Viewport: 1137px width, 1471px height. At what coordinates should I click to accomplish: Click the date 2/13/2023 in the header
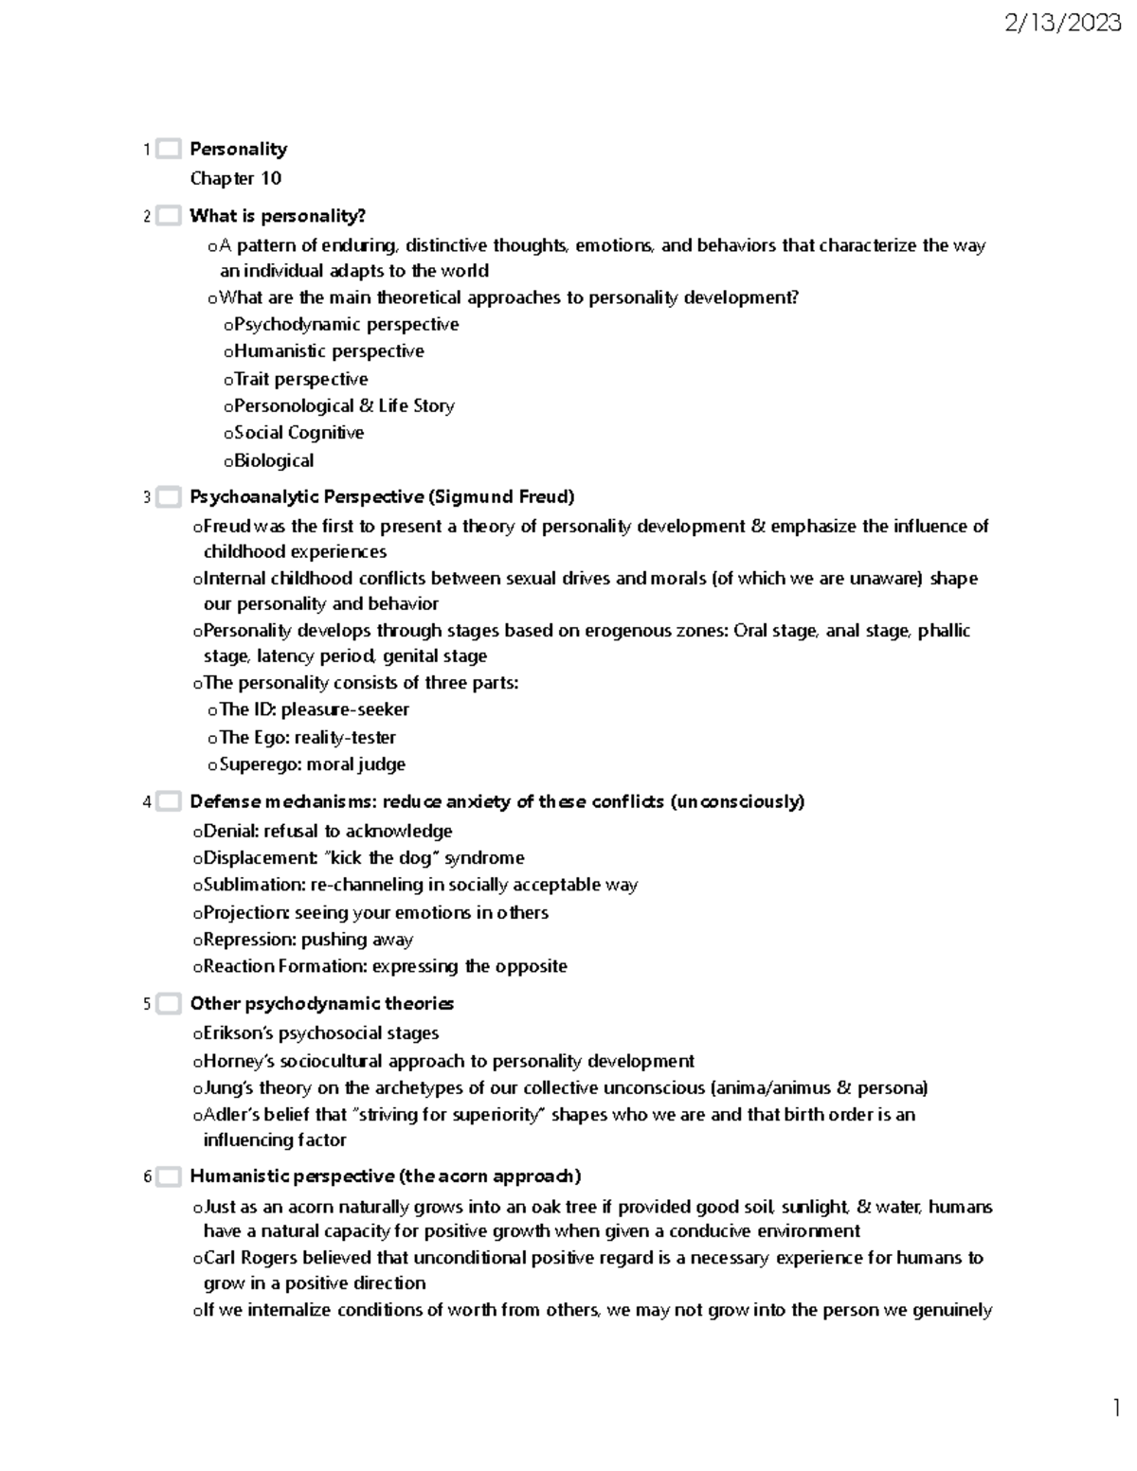[1063, 24]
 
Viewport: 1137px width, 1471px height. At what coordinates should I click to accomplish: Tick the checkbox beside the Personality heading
[169, 149]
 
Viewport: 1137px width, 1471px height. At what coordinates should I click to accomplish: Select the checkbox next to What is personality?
[169, 216]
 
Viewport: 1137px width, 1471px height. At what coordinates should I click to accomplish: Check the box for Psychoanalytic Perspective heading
[169, 497]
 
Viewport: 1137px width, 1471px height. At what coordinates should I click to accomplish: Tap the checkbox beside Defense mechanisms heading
[169, 801]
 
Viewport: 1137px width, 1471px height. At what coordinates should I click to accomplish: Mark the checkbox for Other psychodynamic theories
[169, 1004]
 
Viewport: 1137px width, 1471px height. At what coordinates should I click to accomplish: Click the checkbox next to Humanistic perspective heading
[169, 1176]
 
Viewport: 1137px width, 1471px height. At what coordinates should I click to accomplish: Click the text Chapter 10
[235, 178]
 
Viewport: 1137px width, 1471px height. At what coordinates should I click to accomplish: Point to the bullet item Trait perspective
[301, 379]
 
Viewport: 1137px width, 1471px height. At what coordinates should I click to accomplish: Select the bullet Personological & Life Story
[344, 405]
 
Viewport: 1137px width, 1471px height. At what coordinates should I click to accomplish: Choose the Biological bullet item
[274, 460]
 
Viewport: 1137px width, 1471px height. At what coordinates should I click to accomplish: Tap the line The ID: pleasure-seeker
[314, 709]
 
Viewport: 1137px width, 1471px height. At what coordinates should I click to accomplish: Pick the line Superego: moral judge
[312, 764]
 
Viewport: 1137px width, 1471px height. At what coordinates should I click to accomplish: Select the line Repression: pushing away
[308, 940]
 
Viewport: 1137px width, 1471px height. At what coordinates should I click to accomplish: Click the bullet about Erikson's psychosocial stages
[320, 1033]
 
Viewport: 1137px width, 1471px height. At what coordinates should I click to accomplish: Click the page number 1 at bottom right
[1117, 1407]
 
